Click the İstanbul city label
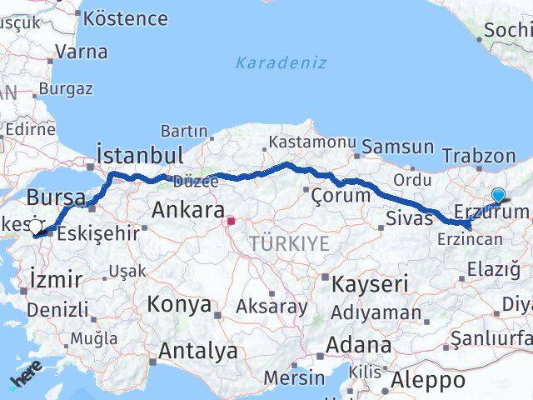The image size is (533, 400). point(139,155)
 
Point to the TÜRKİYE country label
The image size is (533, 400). point(289,244)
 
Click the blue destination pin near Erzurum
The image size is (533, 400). point(498,196)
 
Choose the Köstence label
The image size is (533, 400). point(126,17)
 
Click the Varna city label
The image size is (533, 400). point(81,52)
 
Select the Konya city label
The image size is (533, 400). point(179,304)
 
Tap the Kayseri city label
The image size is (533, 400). point(366,284)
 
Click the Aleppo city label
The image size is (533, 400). point(431,381)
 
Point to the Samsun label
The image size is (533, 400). point(403,147)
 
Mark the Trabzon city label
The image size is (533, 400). point(479,155)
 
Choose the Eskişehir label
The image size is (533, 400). point(99,233)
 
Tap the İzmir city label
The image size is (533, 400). point(54,277)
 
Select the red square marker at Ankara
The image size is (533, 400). point(232,222)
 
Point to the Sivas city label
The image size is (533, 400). point(410,218)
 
